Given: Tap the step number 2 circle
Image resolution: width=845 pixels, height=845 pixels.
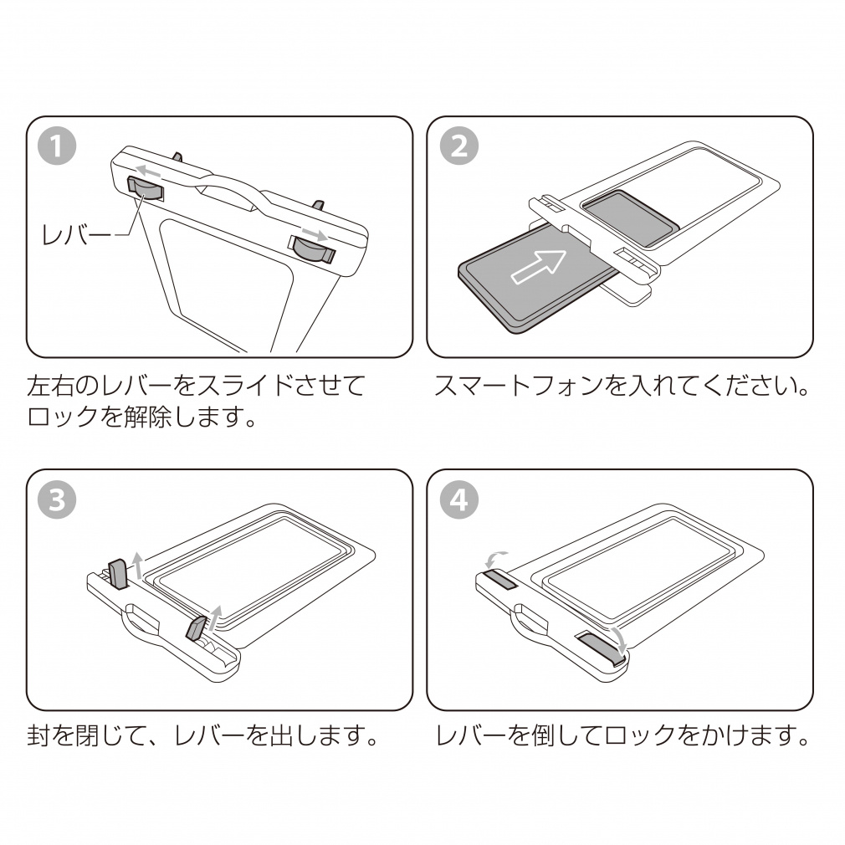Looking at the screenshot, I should click(x=458, y=147).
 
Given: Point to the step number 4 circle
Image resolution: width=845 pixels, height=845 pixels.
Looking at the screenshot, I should click(x=458, y=500).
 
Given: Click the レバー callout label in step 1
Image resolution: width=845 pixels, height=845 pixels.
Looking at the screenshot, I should click(x=76, y=236).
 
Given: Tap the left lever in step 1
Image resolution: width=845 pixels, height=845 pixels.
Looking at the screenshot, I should click(x=145, y=188).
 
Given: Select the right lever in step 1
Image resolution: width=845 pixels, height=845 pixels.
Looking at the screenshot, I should click(x=312, y=248).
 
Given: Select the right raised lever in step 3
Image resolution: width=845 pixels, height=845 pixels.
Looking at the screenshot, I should click(x=198, y=627).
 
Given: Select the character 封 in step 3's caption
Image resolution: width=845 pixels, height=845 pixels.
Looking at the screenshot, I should click(x=39, y=736).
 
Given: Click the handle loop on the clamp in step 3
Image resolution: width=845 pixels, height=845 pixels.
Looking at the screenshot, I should click(x=143, y=622).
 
